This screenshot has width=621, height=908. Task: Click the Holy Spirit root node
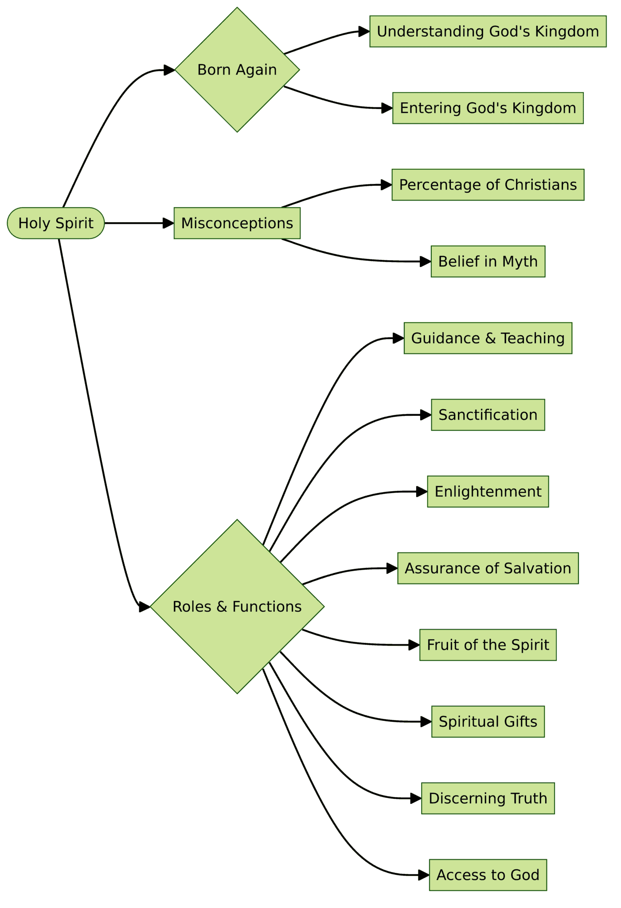tap(56, 223)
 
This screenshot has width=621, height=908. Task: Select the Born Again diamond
tap(237, 70)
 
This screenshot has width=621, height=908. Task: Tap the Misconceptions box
tap(237, 223)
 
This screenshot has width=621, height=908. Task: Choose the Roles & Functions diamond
tap(237, 606)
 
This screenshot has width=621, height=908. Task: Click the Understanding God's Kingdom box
tap(488, 31)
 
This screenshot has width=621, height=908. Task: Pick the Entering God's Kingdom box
tap(488, 108)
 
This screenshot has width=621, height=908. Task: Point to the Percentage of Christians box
tap(488, 184)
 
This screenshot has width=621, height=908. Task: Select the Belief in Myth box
tap(488, 262)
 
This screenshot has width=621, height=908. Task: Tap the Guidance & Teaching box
tap(488, 338)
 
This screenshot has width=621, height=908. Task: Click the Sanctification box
tap(488, 415)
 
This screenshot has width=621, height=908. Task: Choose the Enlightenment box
tap(488, 491)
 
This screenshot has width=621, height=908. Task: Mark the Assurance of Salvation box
tap(488, 568)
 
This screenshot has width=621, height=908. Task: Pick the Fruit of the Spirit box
tap(488, 645)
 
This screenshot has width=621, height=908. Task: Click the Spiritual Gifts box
tap(488, 721)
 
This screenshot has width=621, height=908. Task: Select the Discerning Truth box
tap(488, 798)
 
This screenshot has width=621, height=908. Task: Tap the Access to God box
tap(488, 875)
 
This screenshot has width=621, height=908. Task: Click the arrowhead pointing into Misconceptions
tap(168, 223)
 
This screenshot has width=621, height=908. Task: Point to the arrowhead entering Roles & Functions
tap(145, 607)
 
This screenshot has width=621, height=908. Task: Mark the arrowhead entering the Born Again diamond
tap(169, 70)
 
